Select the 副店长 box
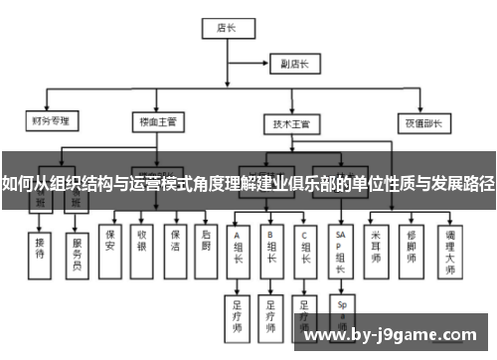pos(294,64)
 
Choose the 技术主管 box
pos(291,123)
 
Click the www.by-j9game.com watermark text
pos(394,335)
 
